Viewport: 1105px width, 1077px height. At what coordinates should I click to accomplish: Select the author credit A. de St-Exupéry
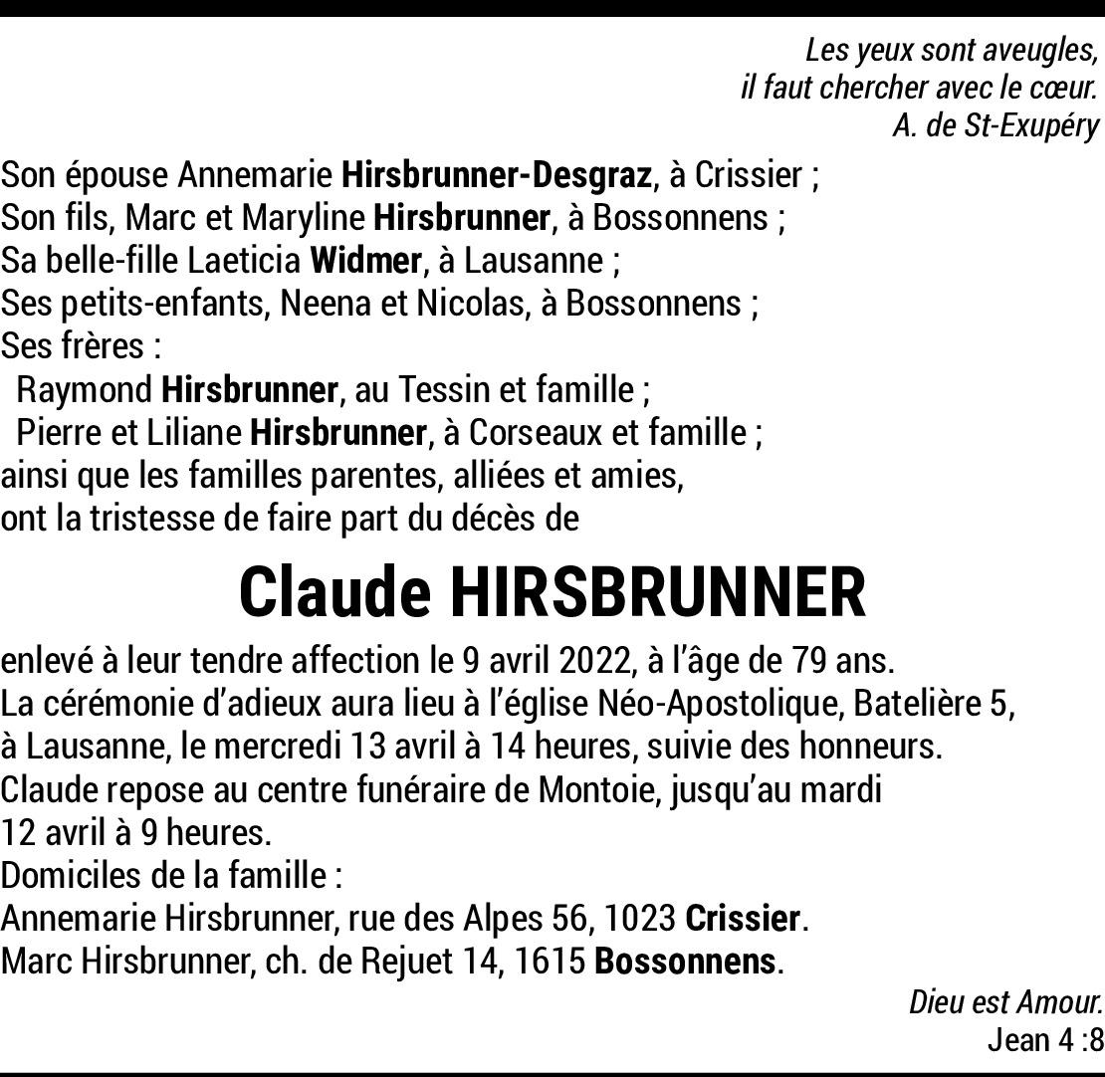coord(995,126)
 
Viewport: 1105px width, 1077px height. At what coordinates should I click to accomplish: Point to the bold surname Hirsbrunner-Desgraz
coord(497,176)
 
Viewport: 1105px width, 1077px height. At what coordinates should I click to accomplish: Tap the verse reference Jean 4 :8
coord(1045,1041)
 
